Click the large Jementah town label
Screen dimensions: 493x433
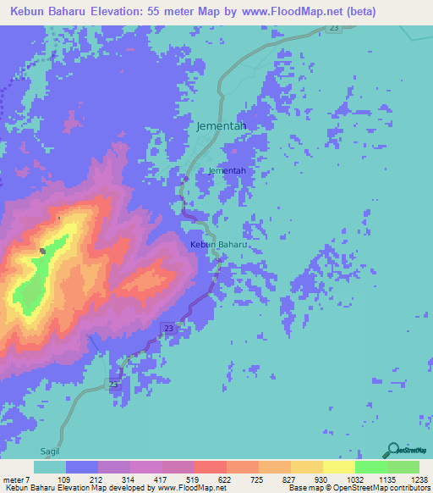221,125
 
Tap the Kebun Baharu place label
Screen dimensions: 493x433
218,245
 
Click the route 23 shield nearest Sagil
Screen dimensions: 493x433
114,384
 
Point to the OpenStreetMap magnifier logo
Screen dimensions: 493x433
391,450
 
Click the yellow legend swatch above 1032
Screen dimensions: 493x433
338,467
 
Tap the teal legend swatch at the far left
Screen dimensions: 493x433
50,467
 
